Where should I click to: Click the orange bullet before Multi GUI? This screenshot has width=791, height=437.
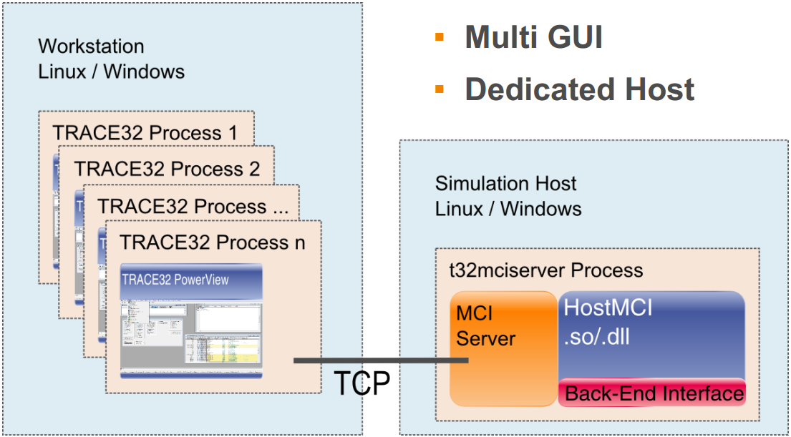440,36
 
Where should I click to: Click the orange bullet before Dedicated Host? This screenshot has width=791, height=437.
440,89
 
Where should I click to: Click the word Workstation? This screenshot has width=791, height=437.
91,46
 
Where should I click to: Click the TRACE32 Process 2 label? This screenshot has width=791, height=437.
167,170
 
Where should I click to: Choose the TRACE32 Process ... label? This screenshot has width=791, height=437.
193,207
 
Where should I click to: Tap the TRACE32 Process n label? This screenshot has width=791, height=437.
213,242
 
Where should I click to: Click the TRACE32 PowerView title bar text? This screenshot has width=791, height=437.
175,279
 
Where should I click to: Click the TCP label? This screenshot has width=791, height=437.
362,383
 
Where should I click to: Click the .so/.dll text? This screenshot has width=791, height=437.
597,335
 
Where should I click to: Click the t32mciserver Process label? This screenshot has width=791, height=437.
545,270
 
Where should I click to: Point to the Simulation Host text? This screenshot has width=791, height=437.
505,183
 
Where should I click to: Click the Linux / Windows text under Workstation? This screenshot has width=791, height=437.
111,72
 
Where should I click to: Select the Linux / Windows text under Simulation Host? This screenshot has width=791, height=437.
508,209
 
